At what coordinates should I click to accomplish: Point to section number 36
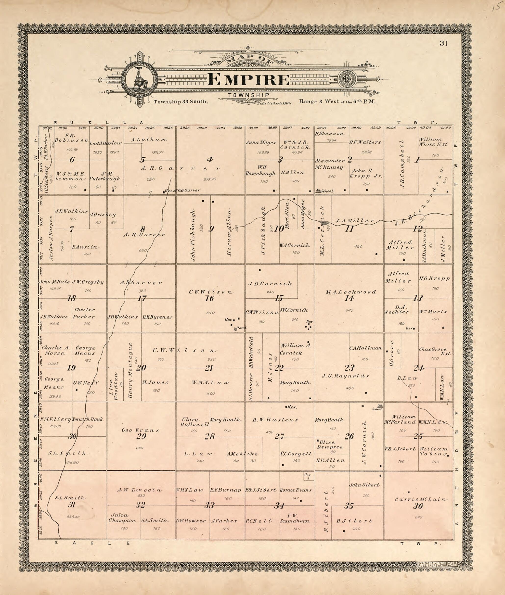[x=418, y=506]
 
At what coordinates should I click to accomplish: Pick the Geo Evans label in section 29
[x=141, y=430]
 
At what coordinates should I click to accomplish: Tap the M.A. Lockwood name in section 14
[x=350, y=292]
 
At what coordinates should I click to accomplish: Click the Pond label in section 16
[x=241, y=328]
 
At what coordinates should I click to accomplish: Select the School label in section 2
[x=327, y=191]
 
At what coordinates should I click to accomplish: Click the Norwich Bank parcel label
[x=88, y=419]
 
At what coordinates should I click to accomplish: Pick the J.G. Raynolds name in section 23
[x=345, y=376]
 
